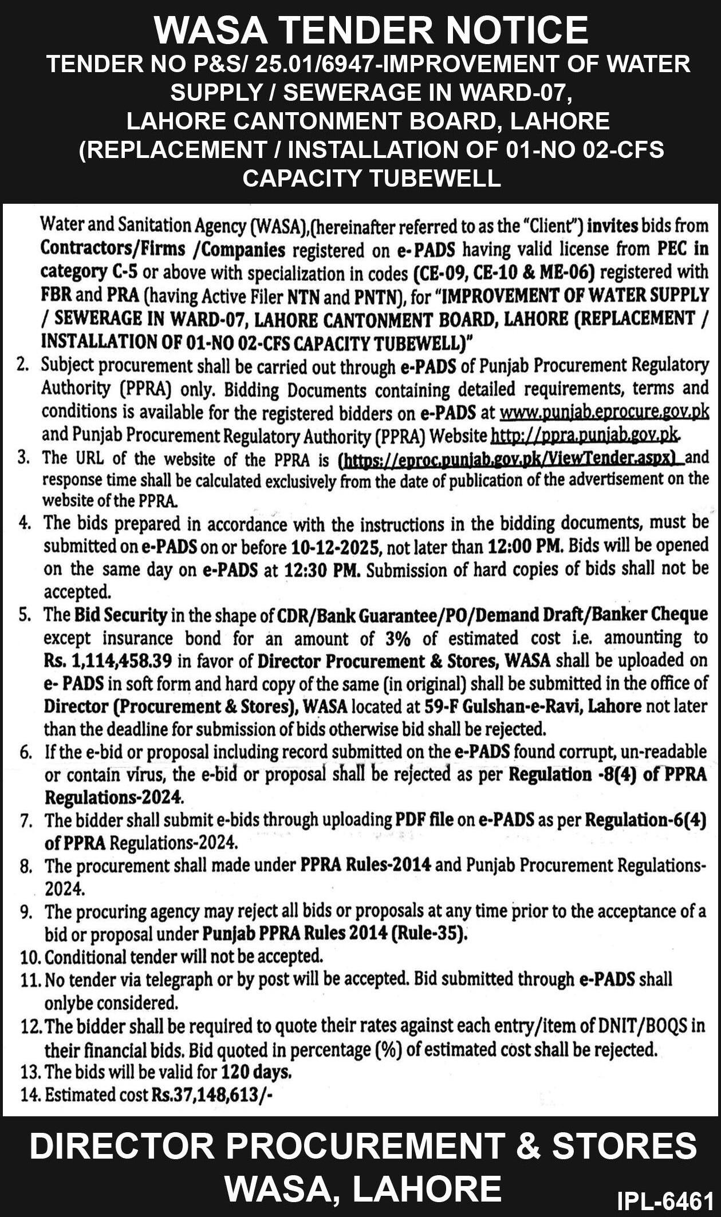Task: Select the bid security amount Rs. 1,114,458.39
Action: pos(108,661)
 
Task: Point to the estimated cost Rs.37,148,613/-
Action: pos(212,1094)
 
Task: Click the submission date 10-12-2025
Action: pos(336,547)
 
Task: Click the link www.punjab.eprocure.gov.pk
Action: pos(604,413)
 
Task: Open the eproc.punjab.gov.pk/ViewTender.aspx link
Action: pos(511,459)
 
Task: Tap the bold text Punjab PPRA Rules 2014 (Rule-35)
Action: pos(335,934)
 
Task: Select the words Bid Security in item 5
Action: pos(120,615)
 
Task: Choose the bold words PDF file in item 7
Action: pos(424,820)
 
